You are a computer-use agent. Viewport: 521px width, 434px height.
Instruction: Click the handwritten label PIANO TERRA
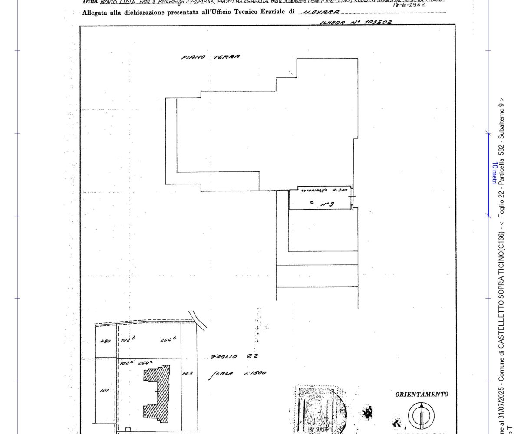[210, 57]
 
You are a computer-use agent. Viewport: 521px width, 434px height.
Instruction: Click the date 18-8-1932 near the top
[409, 5]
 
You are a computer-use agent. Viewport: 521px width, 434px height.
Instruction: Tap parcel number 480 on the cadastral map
[106, 342]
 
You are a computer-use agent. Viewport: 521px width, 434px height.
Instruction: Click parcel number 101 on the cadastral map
[104, 391]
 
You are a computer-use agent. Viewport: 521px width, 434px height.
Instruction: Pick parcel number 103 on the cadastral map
[188, 373]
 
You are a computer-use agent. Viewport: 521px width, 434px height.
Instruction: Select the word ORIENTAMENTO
[422, 395]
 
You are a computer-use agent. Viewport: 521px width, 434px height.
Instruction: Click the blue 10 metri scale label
[494, 173]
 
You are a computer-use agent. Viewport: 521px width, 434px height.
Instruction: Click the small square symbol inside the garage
[312, 203]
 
